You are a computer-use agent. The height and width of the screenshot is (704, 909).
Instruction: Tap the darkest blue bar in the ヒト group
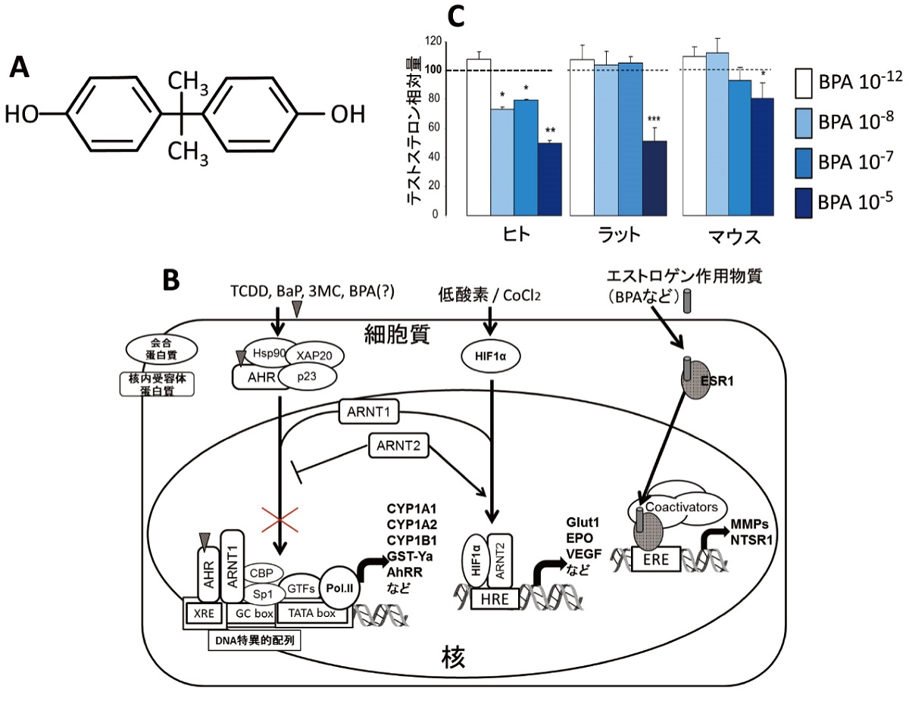550,179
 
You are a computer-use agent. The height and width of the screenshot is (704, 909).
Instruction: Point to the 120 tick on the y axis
433,42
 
